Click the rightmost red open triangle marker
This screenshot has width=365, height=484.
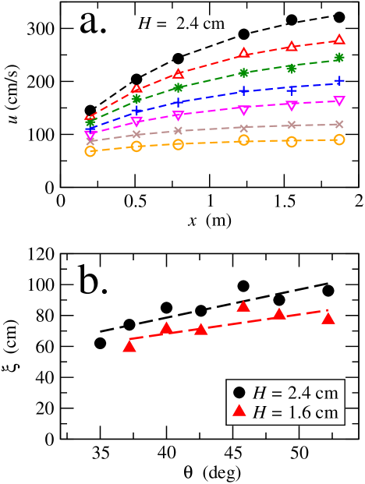pyautogui.click(x=339, y=40)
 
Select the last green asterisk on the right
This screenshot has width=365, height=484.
pyautogui.click(x=339, y=58)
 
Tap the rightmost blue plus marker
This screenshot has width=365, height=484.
pyautogui.click(x=339, y=81)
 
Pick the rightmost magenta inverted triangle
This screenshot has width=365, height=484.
pyautogui.click(x=339, y=101)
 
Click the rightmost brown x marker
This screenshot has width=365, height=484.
pyautogui.click(x=339, y=124)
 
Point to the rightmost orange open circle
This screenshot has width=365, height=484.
pyautogui.click(x=339, y=140)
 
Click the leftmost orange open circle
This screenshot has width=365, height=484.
pyautogui.click(x=90, y=151)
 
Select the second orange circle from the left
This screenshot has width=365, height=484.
pyautogui.click(x=136, y=146)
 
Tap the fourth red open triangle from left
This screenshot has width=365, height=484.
pyautogui.click(x=244, y=53)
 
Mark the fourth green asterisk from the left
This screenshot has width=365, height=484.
pyautogui.click(x=243, y=72)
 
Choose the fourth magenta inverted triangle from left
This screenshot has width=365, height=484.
pyautogui.click(x=244, y=111)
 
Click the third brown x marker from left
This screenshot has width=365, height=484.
pyautogui.click(x=178, y=131)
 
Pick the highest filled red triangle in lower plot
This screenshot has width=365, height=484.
pyautogui.click(x=243, y=306)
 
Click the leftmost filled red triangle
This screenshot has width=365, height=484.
pyautogui.click(x=129, y=346)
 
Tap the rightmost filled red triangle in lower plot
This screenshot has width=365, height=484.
pyautogui.click(x=328, y=318)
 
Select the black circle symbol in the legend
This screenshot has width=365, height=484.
pyautogui.click(x=239, y=392)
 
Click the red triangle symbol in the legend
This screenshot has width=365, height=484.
pyautogui.click(x=239, y=412)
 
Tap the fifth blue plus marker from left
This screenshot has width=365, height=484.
pyautogui.click(x=292, y=90)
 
